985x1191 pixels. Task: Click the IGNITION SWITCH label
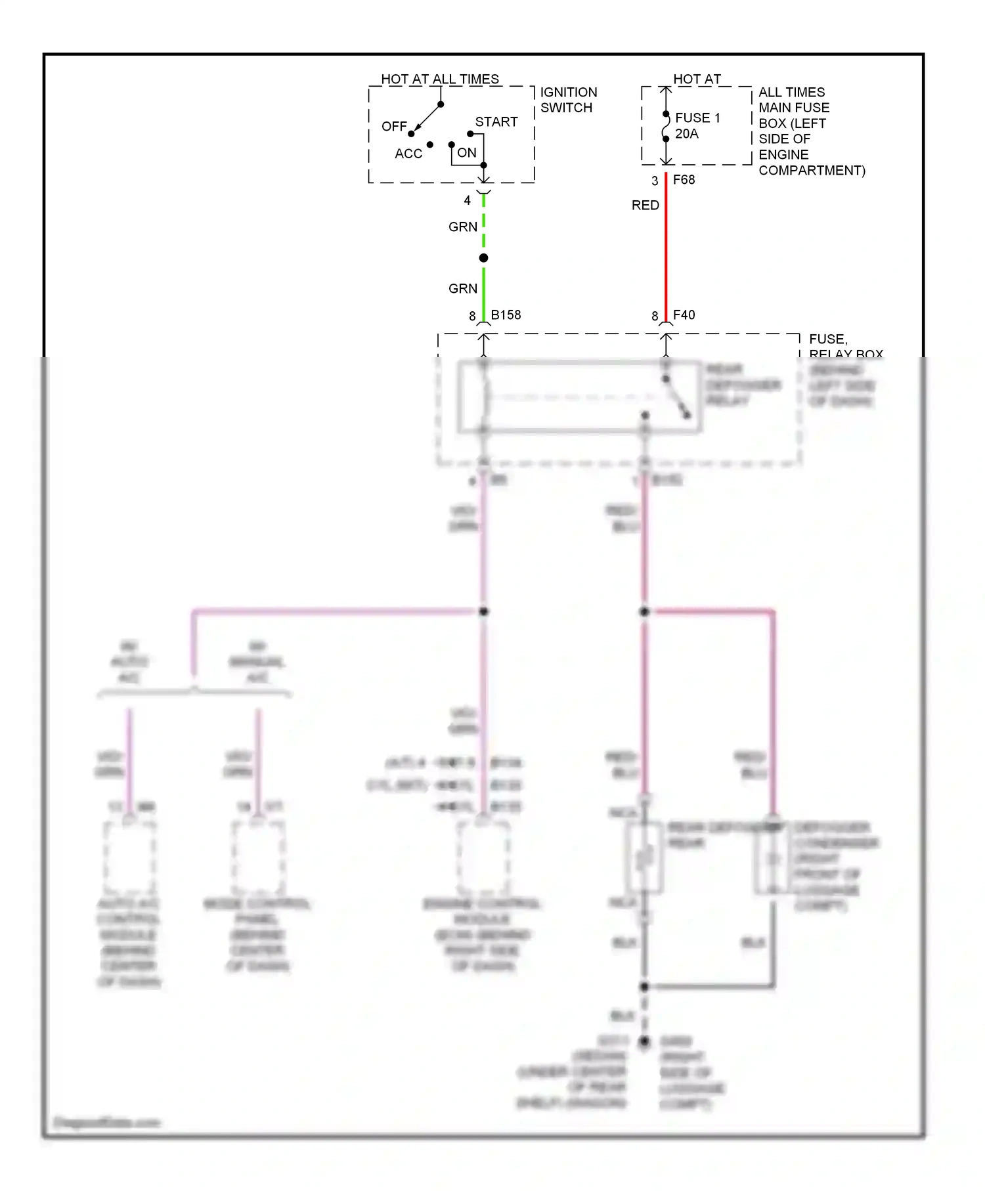(568, 100)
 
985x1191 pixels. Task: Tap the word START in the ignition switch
(496, 122)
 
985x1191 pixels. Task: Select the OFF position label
(394, 126)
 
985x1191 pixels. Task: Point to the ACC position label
(408, 154)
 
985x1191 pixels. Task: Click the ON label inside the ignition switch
(467, 153)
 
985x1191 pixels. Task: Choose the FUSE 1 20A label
(697, 125)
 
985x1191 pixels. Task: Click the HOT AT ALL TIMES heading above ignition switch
(439, 79)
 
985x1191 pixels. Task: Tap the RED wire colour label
(645, 206)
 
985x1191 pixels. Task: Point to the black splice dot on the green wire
(483, 258)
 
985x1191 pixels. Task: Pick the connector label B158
(506, 315)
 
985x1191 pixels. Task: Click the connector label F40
(684, 315)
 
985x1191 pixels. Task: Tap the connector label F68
(684, 180)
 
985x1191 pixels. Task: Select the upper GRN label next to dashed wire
(462, 227)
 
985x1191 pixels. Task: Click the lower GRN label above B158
(462, 289)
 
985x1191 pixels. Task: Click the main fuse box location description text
(811, 131)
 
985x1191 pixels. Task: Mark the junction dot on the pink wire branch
(483, 612)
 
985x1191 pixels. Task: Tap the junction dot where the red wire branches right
(644, 612)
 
